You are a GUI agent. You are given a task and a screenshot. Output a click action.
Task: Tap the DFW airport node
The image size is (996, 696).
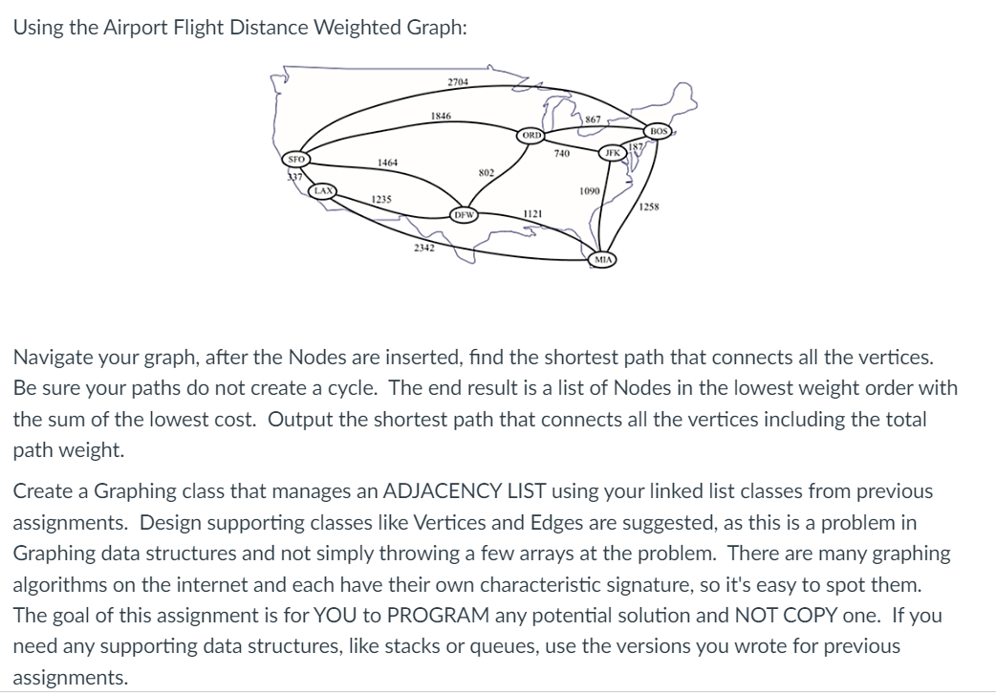coord(464,215)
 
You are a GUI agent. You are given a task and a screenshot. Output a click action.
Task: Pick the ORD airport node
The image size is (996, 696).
coord(531,136)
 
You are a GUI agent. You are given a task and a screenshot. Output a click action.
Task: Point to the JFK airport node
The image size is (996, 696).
coord(612,153)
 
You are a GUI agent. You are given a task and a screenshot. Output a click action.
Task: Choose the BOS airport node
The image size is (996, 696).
coord(659,130)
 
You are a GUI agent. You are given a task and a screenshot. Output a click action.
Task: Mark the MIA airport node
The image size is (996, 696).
coord(604,258)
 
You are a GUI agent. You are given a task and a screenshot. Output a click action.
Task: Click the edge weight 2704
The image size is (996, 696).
coord(458,82)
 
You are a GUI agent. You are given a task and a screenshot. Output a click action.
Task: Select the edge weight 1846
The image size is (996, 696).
coord(441,117)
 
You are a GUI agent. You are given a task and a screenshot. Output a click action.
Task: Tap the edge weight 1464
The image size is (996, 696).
coord(388,163)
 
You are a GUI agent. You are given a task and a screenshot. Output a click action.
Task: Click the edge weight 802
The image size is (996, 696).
coord(486,173)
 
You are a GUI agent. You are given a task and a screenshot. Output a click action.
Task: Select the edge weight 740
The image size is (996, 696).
coord(563,153)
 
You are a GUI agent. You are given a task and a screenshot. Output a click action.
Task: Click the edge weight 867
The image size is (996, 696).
coord(593,120)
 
